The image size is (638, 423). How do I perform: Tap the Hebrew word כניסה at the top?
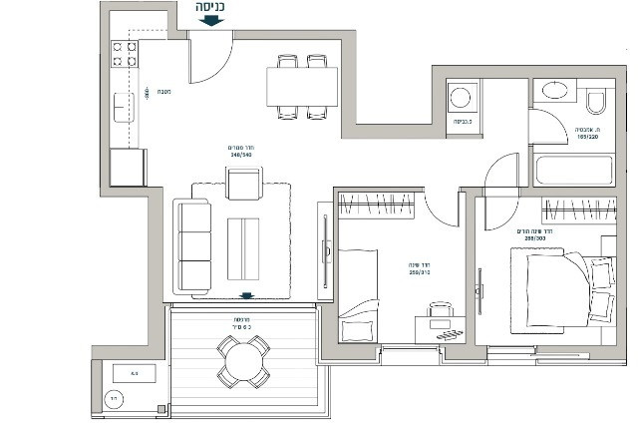pyautogui.click(x=211, y=6)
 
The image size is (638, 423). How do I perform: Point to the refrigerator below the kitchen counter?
pyautogui.click(x=128, y=167)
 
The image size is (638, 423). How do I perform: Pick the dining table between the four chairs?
pyautogui.click(x=302, y=86)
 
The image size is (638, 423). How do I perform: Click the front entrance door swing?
pyautogui.click(x=211, y=60)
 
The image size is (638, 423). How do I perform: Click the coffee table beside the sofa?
pyautogui.click(x=243, y=248)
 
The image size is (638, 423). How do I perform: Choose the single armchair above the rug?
pyautogui.click(x=244, y=184)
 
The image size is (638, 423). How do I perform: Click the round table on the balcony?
pyautogui.click(x=243, y=361)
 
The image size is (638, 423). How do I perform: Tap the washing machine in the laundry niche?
pyautogui.click(x=461, y=98)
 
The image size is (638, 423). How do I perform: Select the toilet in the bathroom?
pyautogui.click(x=596, y=100)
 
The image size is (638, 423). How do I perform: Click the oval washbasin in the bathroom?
pyautogui.click(x=554, y=91)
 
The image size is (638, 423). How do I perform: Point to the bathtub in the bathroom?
pyautogui.click(x=573, y=169)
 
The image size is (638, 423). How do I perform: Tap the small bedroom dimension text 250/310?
pyautogui.click(x=419, y=270)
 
